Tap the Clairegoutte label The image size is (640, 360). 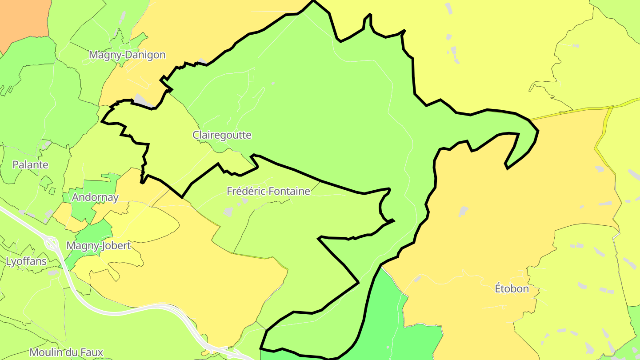pos(222,135)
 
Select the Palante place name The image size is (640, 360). pos(30,164)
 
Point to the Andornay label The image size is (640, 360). pos(95,197)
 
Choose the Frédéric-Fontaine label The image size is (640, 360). pos(268,191)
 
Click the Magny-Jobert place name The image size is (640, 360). pos(98,245)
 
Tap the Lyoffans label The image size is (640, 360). pos(26,261)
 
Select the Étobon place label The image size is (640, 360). pos(512,288)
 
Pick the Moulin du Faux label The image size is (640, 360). pos(66,352)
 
